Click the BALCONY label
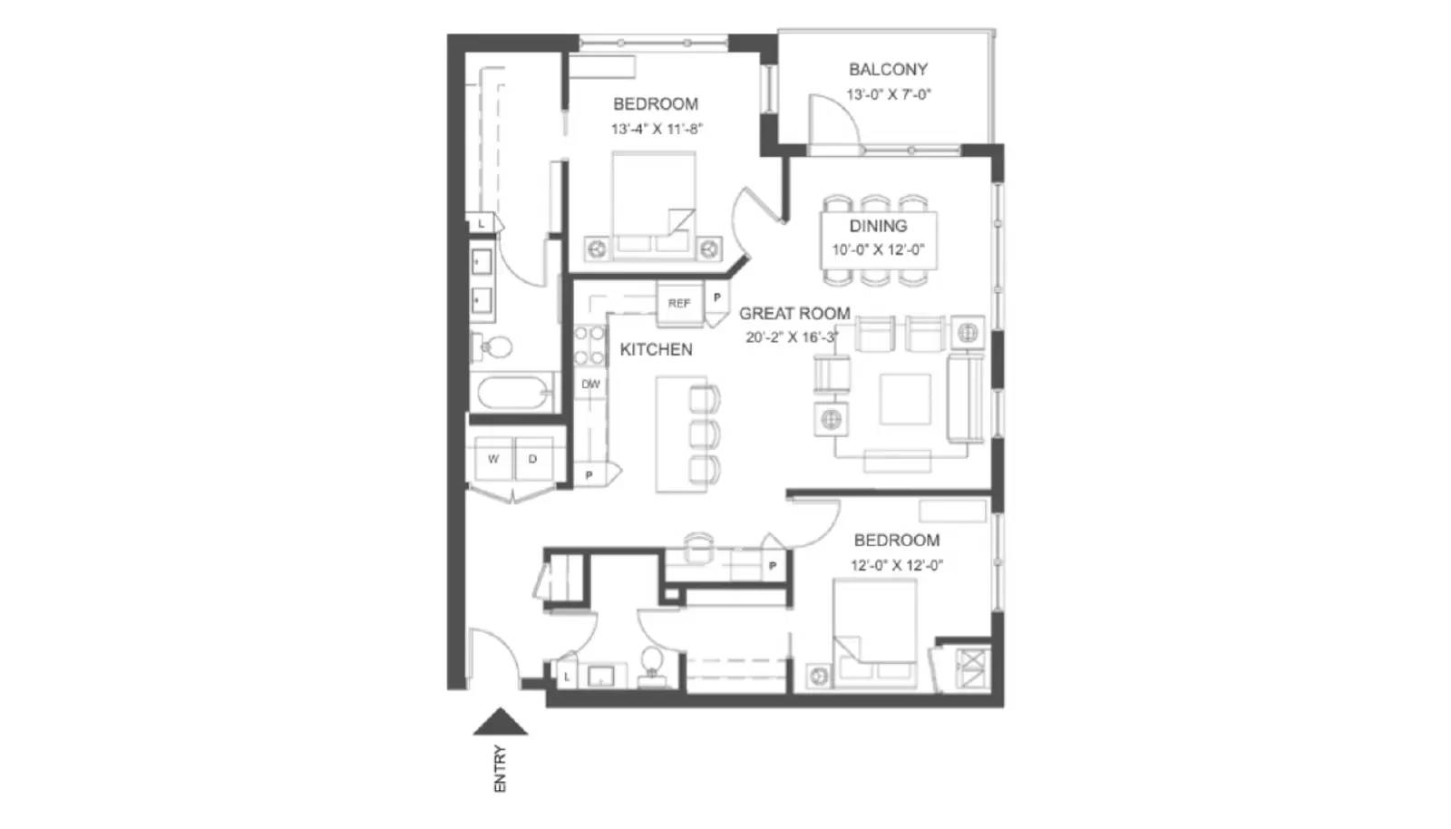888,69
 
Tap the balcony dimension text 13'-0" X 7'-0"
888,94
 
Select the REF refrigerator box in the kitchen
679,303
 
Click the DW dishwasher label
590,385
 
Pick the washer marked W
493,459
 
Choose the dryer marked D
532,459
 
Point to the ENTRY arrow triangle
500,722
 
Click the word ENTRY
500,769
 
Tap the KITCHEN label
656,349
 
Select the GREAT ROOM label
794,314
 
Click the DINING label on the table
878,226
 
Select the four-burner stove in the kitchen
589,345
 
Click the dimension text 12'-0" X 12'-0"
896,565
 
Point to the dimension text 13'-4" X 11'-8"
656,129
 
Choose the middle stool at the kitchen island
705,434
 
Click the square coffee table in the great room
904,399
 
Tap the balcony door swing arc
836,113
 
